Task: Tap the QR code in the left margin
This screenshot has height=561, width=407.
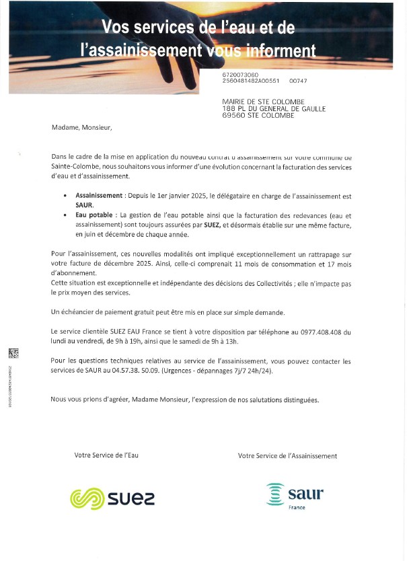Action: coord(13,353)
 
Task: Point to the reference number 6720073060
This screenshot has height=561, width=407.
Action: coord(240,74)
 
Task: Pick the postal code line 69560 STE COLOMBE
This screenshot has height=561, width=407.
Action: coord(258,115)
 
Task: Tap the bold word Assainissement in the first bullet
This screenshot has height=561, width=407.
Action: coord(99,195)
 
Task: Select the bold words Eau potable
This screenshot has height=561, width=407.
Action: coord(94,215)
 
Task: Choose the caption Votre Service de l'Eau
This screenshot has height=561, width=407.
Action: coord(106,455)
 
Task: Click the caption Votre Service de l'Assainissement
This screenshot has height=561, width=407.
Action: coord(287,455)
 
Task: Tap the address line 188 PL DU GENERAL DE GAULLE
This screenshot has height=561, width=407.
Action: coord(274,108)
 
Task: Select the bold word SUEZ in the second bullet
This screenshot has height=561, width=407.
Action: coord(213,225)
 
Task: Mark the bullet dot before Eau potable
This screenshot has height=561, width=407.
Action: coord(65,215)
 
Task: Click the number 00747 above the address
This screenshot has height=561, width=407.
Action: coord(298,81)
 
